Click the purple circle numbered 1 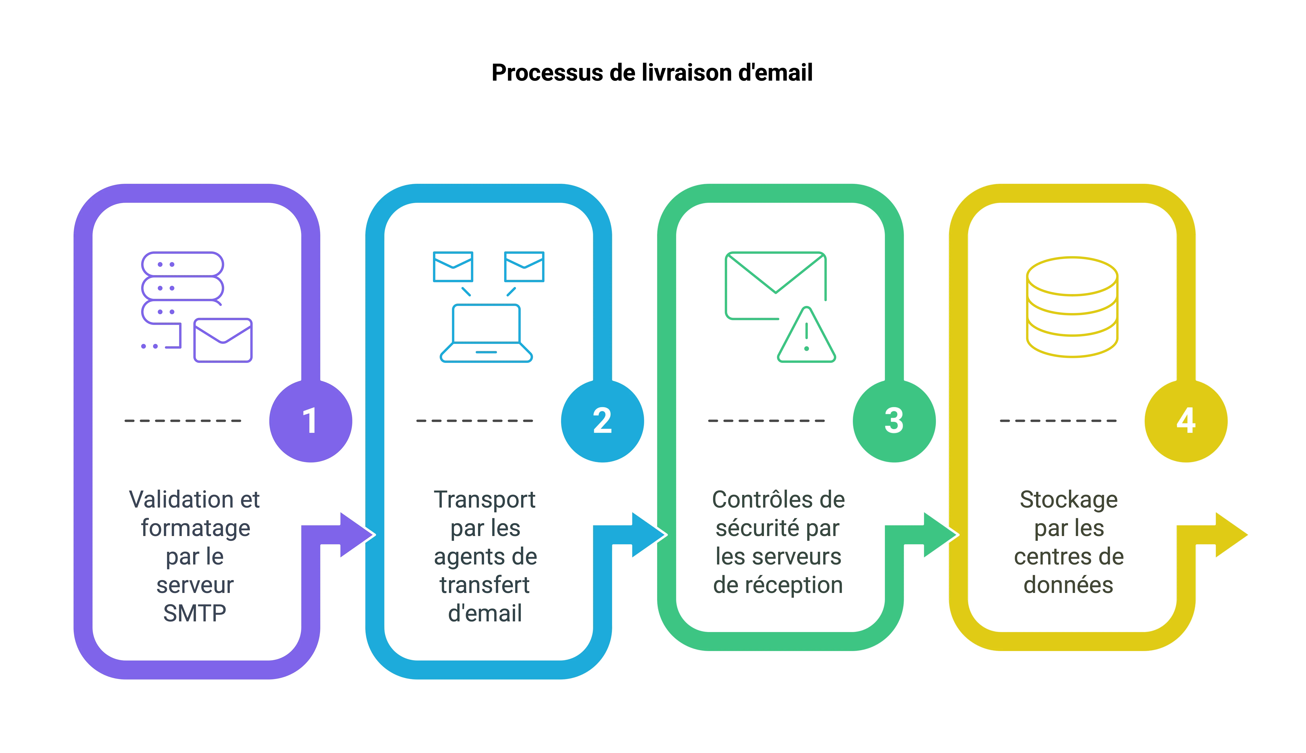[310, 420]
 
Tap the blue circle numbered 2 [603, 420]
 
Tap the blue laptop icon [486, 334]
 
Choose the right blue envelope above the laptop [524, 267]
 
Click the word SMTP [195, 613]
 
